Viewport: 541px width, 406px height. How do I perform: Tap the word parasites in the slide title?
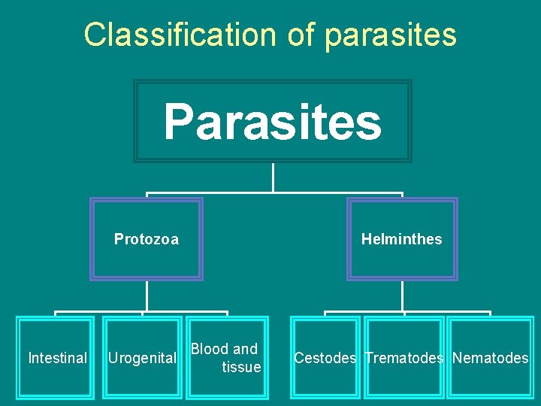(x=391, y=35)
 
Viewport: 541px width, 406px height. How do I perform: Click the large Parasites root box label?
(x=273, y=122)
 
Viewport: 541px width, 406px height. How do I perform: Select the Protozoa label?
(x=147, y=239)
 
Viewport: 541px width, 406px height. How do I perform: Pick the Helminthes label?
(x=401, y=239)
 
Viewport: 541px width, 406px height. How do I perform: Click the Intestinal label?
(x=57, y=358)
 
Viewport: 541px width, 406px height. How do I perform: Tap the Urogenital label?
(x=143, y=358)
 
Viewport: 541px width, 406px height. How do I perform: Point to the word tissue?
(x=241, y=367)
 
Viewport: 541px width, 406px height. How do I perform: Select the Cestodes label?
(x=325, y=358)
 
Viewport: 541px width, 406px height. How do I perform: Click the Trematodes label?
(x=404, y=358)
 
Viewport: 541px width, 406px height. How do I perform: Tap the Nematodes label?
(x=490, y=358)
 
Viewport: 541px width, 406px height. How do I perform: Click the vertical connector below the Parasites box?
(x=273, y=177)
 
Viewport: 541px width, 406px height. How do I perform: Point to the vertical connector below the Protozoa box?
(x=147, y=295)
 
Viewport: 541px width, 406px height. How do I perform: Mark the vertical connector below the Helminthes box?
(x=402, y=295)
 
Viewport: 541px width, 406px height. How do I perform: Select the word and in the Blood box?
(x=245, y=349)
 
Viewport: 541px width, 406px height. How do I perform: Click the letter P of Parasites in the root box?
(x=177, y=122)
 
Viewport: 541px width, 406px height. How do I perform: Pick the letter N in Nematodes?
(x=457, y=358)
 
